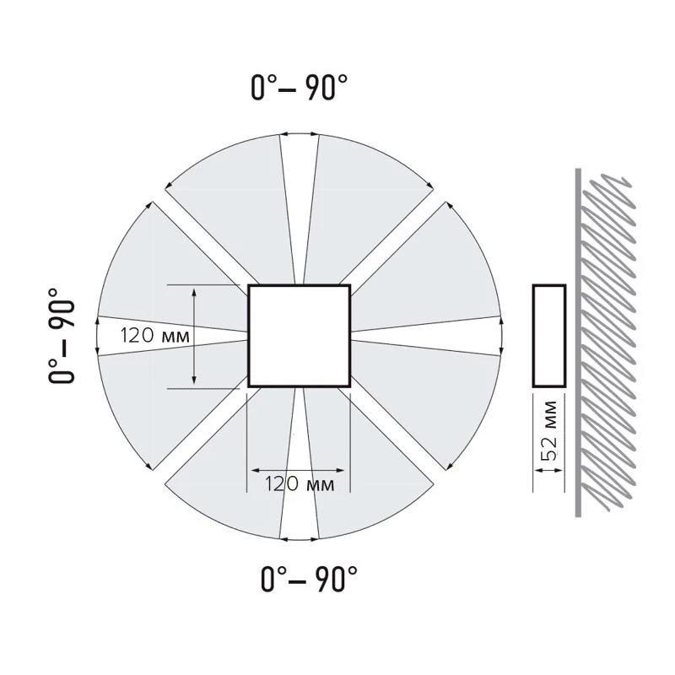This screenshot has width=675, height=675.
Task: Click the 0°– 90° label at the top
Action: coord(300,88)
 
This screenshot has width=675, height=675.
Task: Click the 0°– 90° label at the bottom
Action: coord(309,579)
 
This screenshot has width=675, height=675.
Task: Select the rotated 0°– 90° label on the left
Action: coord(62,336)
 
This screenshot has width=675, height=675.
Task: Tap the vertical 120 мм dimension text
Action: coord(154,336)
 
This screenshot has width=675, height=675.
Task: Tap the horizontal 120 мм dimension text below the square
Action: coord(300,483)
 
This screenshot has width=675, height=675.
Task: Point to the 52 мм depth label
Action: coord(549,430)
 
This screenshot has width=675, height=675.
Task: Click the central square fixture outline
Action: coord(300,285)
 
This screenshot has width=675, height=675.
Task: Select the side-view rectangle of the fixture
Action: coord(549,285)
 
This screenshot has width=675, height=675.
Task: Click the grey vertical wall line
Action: coord(578,343)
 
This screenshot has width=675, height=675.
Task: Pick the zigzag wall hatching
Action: coord(607,343)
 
